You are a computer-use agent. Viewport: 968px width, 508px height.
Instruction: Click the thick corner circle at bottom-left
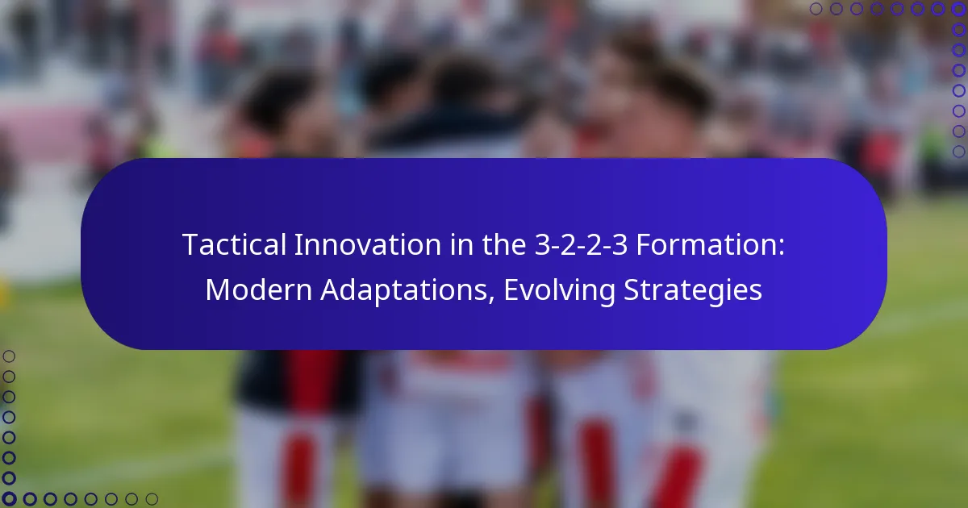[10, 499]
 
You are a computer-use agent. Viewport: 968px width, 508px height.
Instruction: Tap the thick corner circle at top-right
[958, 9]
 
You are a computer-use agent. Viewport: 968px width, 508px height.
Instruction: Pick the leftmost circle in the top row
[816, 9]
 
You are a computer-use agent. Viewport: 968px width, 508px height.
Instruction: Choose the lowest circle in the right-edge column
[958, 152]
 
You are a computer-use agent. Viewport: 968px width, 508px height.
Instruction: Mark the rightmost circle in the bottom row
[152, 499]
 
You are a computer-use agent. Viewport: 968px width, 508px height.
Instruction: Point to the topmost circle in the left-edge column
[10, 356]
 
